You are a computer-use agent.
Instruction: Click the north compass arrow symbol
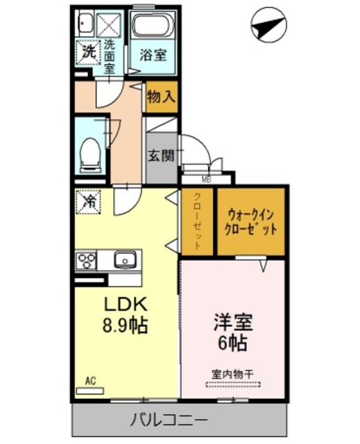tap(267, 28)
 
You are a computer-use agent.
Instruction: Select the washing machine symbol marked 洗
tap(88, 51)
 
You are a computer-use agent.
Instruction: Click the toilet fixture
tap(89, 154)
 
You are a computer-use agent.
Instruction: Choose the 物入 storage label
tap(160, 96)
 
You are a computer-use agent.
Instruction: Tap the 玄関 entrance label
tap(160, 155)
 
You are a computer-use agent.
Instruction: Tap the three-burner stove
tap(88, 261)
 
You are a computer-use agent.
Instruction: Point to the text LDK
tap(127, 305)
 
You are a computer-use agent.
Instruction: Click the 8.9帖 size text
tap(127, 325)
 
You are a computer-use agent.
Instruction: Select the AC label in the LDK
tap(89, 381)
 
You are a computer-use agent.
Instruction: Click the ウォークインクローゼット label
tap(251, 221)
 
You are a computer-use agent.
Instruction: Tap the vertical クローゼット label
tap(198, 221)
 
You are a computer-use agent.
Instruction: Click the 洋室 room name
tap(232, 322)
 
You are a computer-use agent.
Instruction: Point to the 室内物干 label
tap(233, 374)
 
